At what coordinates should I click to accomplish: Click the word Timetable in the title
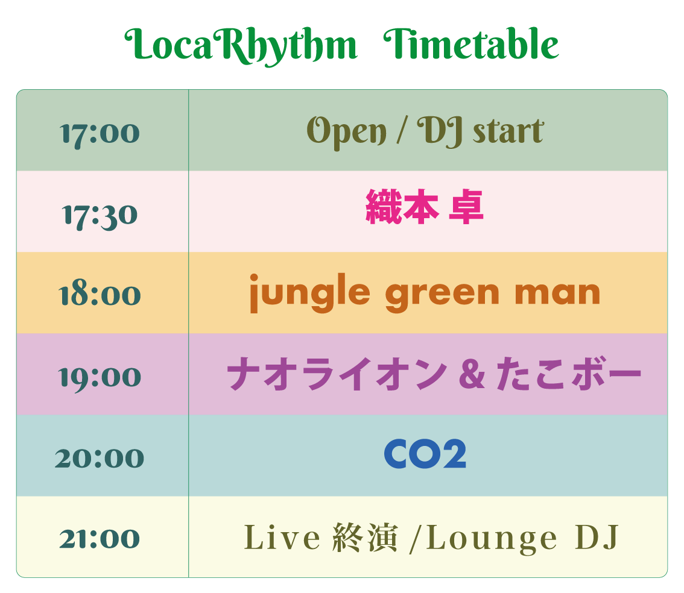[471, 43]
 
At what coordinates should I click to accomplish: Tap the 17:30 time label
[100, 216]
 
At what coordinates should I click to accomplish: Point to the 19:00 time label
[100, 378]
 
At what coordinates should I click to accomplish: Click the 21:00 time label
[100, 539]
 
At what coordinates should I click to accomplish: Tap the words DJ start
[480, 131]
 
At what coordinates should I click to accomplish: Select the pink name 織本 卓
[425, 207]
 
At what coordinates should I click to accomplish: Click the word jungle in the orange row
[309, 293]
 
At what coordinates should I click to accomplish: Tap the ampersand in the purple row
[472, 374]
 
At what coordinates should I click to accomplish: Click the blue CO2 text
[425, 454]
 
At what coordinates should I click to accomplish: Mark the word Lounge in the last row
[492, 539]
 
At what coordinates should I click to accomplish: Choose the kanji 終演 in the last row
[365, 538]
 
